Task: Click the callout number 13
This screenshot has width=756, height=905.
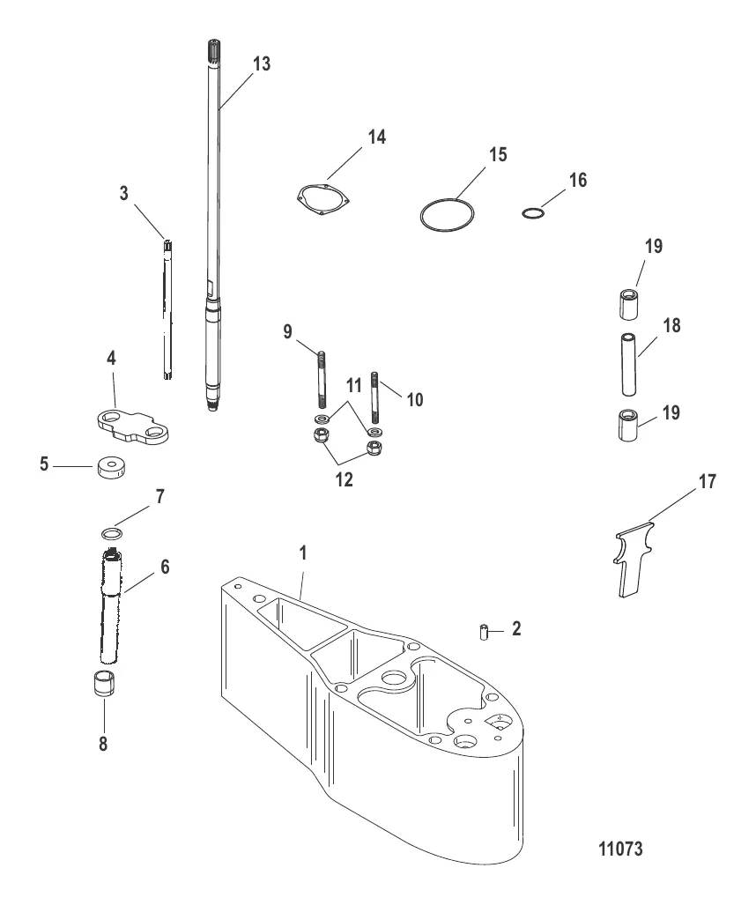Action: (x=262, y=64)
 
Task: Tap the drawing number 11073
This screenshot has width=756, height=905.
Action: (x=620, y=849)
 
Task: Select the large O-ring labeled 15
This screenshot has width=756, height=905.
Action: (x=448, y=216)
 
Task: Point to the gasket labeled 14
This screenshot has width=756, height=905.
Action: (x=323, y=201)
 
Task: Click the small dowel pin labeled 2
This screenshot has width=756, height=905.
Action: (x=485, y=632)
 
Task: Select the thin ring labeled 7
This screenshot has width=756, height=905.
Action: (x=113, y=533)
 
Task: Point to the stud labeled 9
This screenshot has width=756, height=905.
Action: (x=322, y=379)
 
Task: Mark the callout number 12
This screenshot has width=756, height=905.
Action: (x=345, y=479)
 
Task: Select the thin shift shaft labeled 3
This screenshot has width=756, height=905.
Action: (x=167, y=310)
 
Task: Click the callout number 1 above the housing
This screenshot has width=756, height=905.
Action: (x=303, y=553)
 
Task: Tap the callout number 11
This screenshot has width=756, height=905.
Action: (x=353, y=385)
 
